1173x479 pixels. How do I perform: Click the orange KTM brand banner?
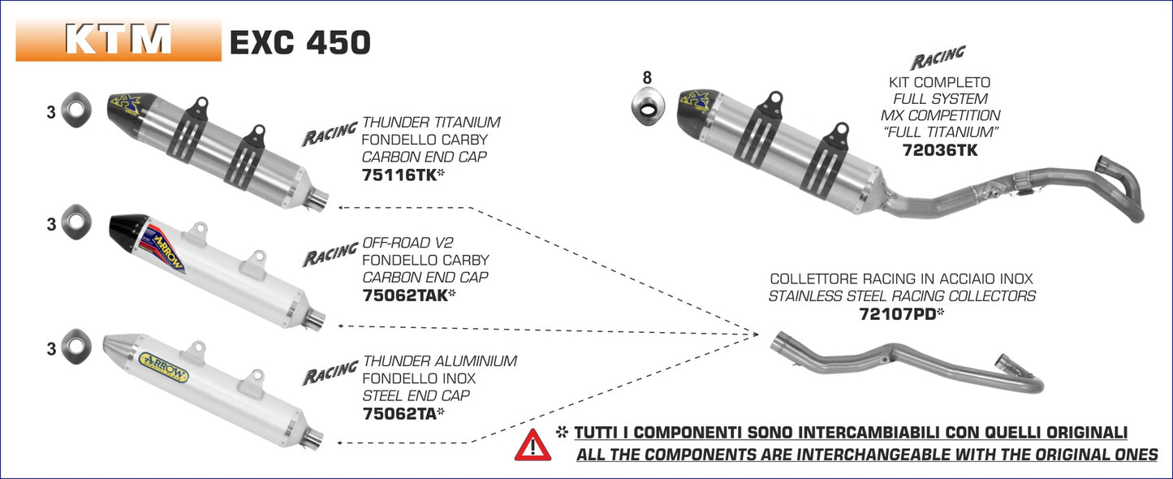tap(119, 40)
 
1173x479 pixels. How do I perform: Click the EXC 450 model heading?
tap(300, 42)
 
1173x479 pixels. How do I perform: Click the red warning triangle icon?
tap(533, 445)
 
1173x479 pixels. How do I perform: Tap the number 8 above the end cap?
tap(647, 78)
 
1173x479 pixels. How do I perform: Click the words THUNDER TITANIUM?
tap(431, 123)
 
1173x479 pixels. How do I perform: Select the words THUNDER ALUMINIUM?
tap(439, 360)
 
